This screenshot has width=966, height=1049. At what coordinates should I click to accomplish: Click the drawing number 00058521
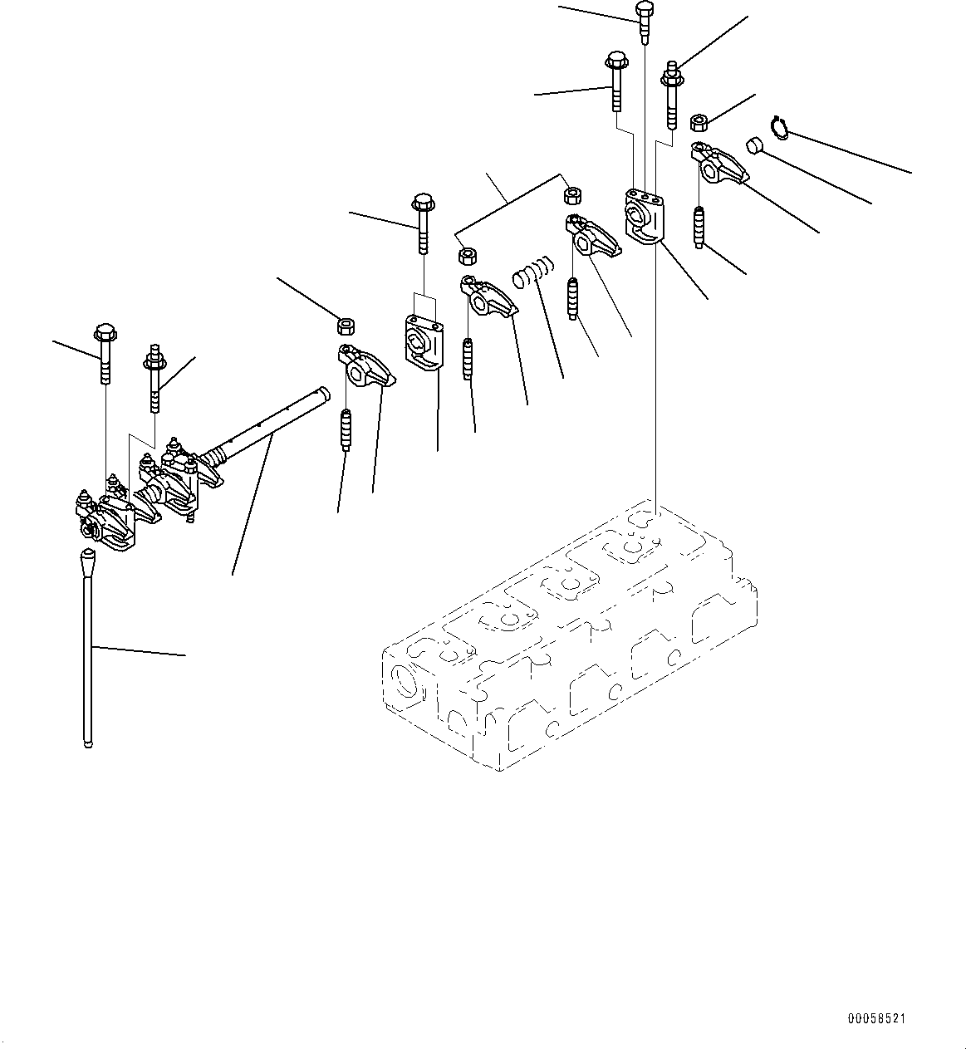point(876,1018)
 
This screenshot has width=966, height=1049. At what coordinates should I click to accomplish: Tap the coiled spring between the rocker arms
point(532,272)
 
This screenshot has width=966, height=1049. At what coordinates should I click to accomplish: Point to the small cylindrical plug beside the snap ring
point(754,145)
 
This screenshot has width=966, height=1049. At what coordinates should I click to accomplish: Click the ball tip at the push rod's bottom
point(88,743)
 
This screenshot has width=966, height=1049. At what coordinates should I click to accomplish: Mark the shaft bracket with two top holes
point(424,342)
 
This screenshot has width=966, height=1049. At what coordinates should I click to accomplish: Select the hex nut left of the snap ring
point(699,124)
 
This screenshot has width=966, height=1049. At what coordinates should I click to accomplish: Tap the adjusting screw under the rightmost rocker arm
point(699,228)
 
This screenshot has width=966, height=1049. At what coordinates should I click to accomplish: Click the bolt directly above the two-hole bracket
point(423,224)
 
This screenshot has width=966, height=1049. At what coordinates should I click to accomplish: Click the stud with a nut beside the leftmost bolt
point(154,379)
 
